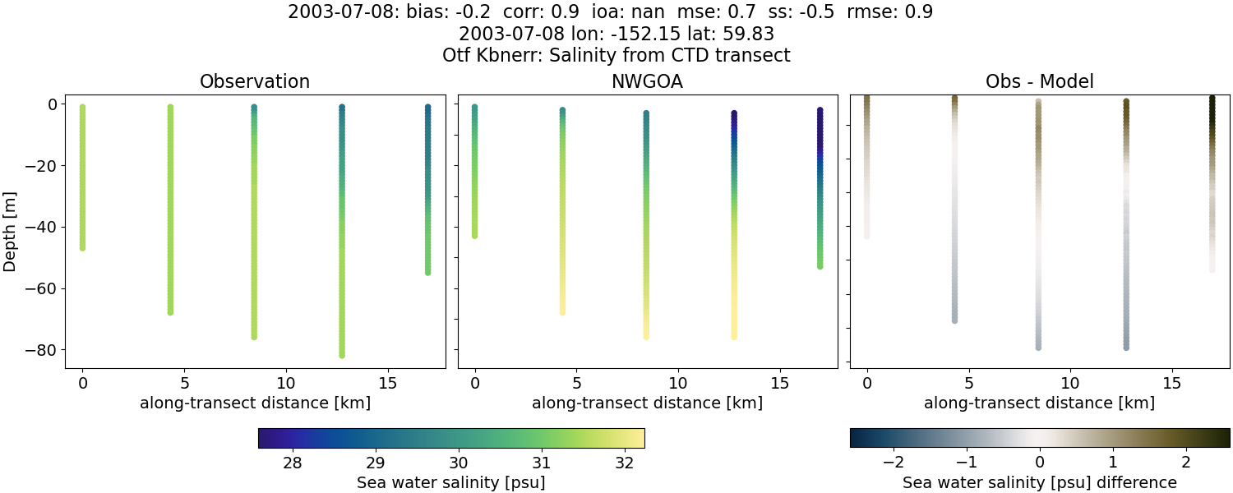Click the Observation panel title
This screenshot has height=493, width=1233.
click(x=255, y=81)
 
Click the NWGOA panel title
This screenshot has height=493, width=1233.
click(x=647, y=81)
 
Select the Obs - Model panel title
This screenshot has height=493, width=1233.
click(x=1039, y=81)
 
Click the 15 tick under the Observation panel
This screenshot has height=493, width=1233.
click(x=387, y=383)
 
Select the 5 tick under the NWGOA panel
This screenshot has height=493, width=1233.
click(x=577, y=383)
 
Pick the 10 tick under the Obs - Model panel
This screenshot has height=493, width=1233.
click(x=1070, y=383)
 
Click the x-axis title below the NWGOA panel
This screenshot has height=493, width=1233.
click(x=647, y=403)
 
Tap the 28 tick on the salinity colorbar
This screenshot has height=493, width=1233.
click(x=293, y=462)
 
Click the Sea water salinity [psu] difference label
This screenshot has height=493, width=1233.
click(x=1040, y=482)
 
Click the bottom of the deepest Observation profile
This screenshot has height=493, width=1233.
click(x=341, y=355)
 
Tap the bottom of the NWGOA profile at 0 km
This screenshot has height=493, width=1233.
click(x=474, y=236)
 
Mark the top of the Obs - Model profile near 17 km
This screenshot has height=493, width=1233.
click(x=1212, y=99)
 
